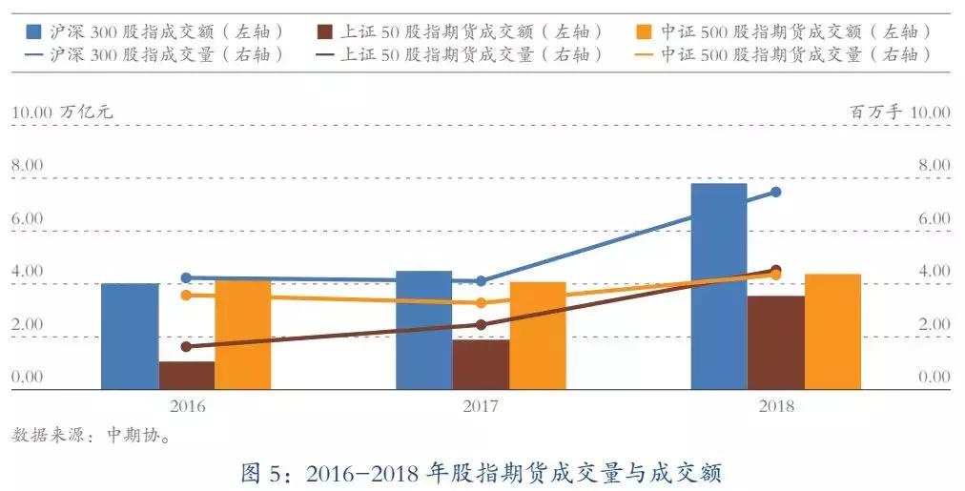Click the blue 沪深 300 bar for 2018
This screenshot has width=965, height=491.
tap(718, 286)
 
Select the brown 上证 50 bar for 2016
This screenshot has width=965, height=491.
tap(187, 375)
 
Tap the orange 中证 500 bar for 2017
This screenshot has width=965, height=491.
tap(537, 335)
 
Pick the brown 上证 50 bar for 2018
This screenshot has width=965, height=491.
tap(775, 342)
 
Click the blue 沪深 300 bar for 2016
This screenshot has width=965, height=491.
tap(130, 336)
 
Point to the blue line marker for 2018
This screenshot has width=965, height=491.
tap(775, 192)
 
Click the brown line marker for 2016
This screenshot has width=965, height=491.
tap(187, 347)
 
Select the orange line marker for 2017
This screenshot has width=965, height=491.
tap(481, 303)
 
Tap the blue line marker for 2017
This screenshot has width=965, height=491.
tap(481, 281)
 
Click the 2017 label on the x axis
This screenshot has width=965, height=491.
tap(481, 406)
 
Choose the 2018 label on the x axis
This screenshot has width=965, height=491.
tap(775, 406)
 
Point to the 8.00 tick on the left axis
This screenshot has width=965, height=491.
tap(28, 165)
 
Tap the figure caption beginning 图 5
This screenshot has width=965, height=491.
tap(482, 472)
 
